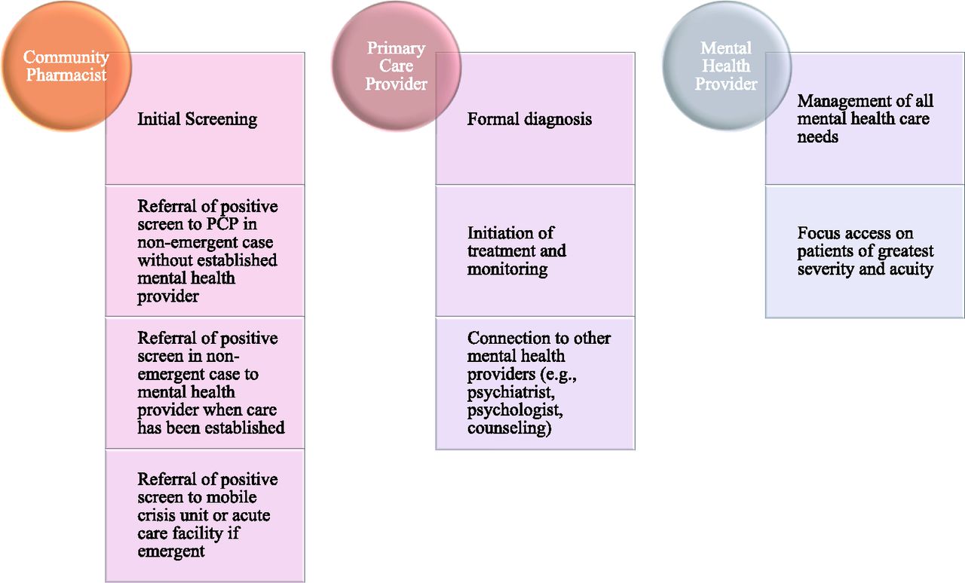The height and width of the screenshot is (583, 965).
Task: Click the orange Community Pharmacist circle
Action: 66,66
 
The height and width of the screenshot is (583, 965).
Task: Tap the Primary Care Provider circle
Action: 397,66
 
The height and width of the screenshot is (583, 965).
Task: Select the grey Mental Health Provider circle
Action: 727,66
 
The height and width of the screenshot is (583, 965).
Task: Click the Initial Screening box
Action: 205,118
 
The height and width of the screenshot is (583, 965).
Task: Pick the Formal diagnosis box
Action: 535,118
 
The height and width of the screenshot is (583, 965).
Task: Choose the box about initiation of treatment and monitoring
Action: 535,251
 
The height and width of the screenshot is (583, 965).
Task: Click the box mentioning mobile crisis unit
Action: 205,515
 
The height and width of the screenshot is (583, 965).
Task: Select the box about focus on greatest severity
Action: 865,251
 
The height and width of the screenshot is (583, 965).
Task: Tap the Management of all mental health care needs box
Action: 865,118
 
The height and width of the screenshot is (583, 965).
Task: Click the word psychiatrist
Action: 511,392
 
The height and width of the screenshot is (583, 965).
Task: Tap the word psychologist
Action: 515,410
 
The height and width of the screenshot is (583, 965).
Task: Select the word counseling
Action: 509,428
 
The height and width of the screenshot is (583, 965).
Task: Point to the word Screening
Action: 221,119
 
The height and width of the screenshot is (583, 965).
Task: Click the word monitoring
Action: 507,270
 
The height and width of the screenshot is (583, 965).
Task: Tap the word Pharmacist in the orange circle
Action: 66,75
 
